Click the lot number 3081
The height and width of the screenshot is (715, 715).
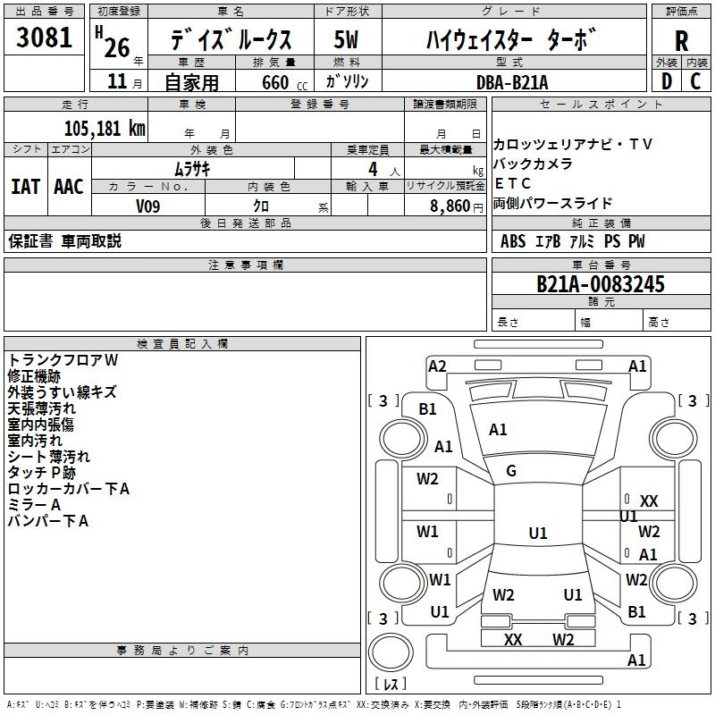(45, 38)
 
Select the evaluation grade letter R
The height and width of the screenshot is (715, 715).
(681, 41)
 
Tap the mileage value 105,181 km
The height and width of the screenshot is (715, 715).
(105, 128)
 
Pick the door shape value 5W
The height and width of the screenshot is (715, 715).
(347, 40)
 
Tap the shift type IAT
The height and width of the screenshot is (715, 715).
(25, 187)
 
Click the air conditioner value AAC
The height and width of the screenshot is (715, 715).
(69, 187)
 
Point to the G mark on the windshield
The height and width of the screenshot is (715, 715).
(511, 471)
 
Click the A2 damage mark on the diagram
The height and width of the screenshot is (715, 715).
(437, 366)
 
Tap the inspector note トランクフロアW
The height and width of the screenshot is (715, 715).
(63, 359)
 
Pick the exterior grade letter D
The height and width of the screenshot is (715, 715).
(666, 81)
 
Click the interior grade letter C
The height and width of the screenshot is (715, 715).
(696, 81)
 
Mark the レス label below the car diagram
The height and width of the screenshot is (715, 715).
(391, 685)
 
